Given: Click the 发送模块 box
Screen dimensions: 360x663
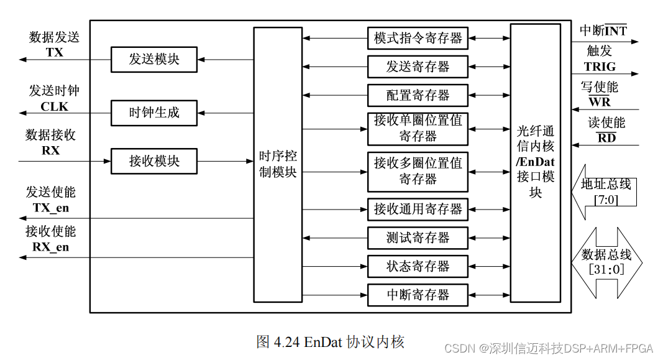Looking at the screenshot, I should point(154,60).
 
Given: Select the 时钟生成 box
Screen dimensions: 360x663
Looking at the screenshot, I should point(154,113).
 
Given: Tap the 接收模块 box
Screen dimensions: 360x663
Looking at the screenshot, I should point(154,161).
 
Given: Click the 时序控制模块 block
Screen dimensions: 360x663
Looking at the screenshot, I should point(278,165).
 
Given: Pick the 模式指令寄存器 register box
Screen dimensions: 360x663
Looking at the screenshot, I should point(418,39).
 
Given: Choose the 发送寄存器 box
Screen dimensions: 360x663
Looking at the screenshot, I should point(418,67).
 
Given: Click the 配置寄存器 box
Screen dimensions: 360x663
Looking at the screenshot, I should point(418,95).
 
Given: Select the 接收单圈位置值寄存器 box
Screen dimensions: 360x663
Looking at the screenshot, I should point(418,129).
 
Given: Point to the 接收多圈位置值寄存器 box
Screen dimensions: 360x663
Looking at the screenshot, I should point(418,172).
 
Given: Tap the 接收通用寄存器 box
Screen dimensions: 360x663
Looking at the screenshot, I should point(418,209).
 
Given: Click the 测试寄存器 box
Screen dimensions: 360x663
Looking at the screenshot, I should point(418,238).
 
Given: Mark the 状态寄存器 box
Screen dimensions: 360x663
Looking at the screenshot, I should point(418,266).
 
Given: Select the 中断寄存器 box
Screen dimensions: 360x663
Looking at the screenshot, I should point(418,295).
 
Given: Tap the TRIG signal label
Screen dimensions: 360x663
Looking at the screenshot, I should point(600,67).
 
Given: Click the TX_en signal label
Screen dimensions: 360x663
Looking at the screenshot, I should point(50,208).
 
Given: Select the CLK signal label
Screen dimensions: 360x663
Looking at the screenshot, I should point(54,106).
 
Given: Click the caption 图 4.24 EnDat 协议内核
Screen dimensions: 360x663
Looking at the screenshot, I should point(330,341).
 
